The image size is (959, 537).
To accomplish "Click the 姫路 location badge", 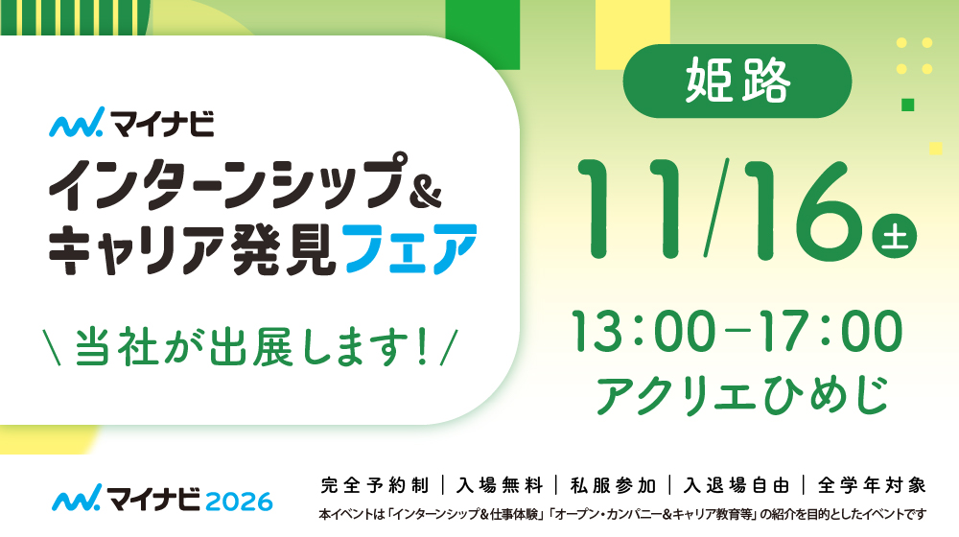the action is (737, 81).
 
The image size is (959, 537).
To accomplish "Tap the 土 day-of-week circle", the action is (894, 235).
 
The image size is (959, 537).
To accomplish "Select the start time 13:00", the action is (643, 331).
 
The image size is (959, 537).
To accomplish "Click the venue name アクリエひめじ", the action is (742, 394).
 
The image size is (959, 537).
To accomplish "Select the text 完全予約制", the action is (375, 485).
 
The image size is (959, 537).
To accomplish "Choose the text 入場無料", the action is (500, 485).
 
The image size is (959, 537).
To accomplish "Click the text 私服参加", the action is (613, 485).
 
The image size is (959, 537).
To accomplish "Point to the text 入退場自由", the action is (737, 485).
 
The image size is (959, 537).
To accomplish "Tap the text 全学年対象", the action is (872, 485).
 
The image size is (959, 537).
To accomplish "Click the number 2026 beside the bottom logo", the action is (239, 502).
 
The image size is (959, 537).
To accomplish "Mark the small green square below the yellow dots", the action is (907, 105).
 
